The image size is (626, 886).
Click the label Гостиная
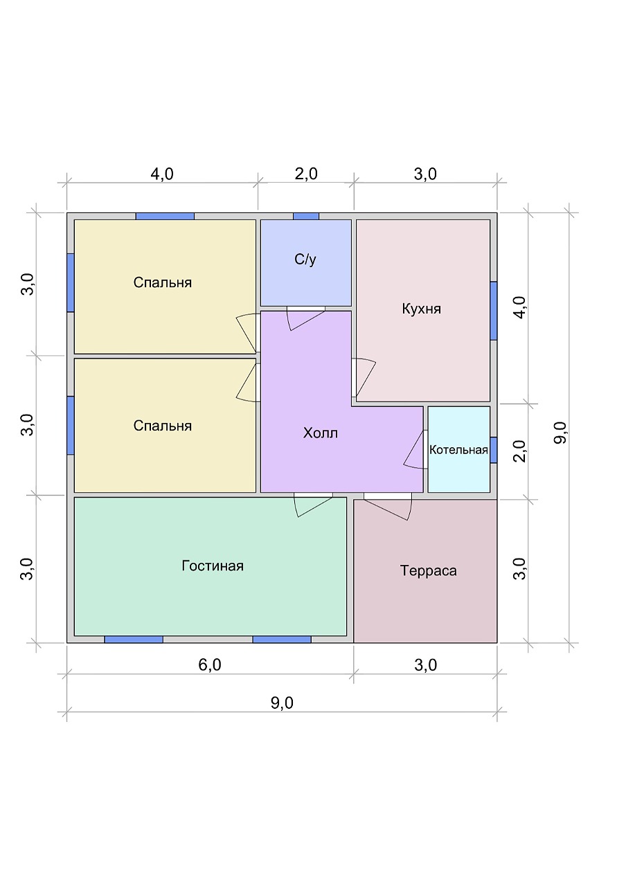coord(213,566)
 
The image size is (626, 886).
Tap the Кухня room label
coord(422,309)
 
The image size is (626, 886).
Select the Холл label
coord(321,433)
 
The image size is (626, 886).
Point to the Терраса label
coord(428,570)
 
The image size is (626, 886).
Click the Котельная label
coord(458,450)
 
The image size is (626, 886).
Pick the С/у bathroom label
coord(305,260)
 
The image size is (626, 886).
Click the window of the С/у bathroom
coord(306,217)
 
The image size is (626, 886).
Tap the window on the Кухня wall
coord(494,311)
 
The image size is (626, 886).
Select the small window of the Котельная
coord(494,450)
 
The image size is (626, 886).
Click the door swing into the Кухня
coord(364,378)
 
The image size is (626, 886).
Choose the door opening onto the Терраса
coord(388,506)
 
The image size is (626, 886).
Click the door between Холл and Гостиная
coord(313,505)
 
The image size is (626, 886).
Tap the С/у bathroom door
coord(306,318)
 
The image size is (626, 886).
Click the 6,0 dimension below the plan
coord(210,665)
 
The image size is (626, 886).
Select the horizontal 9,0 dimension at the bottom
coord(282,703)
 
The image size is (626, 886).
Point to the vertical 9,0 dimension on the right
coord(560,433)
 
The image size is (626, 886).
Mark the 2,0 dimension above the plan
coord(306,174)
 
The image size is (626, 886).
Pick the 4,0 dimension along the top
coord(162,174)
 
